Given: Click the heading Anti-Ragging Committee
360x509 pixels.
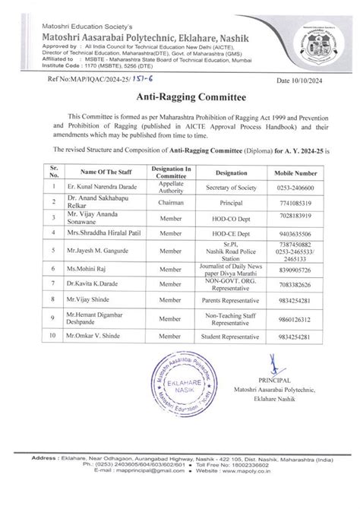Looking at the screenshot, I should click(x=179, y=98).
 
